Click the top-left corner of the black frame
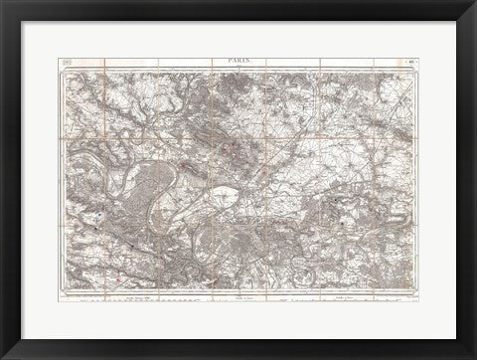click(x=3, y=3)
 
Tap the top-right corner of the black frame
click(x=473, y=3)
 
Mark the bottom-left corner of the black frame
click(x=3, y=356)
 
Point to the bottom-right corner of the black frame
click(x=473, y=356)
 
